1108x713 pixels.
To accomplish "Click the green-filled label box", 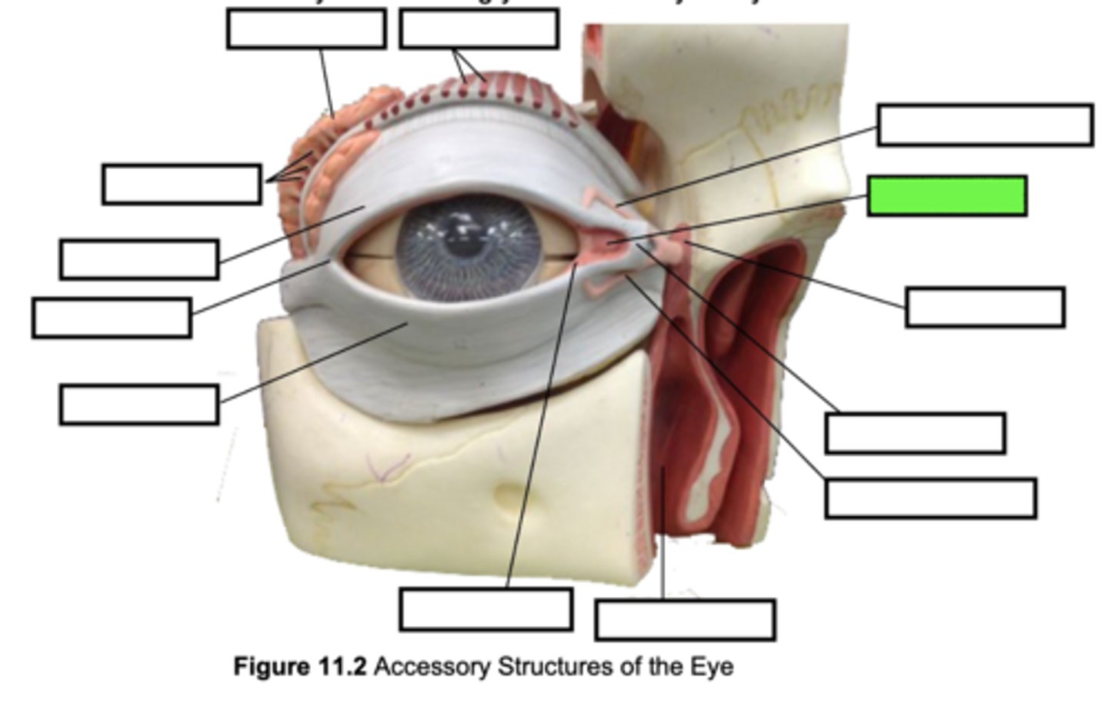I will pos(946,195).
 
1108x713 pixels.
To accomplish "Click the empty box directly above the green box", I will pos(984,125).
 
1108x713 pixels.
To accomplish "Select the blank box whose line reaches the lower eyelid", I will pos(138,405).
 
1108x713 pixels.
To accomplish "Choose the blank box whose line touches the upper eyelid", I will pos(138,258).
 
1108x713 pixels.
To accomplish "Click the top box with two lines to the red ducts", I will pos(479,29).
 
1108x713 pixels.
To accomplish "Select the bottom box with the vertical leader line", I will pos(685,620).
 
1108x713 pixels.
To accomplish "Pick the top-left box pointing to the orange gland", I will pos(306,29).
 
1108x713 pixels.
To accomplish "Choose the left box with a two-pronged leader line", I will pos(181,184).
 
